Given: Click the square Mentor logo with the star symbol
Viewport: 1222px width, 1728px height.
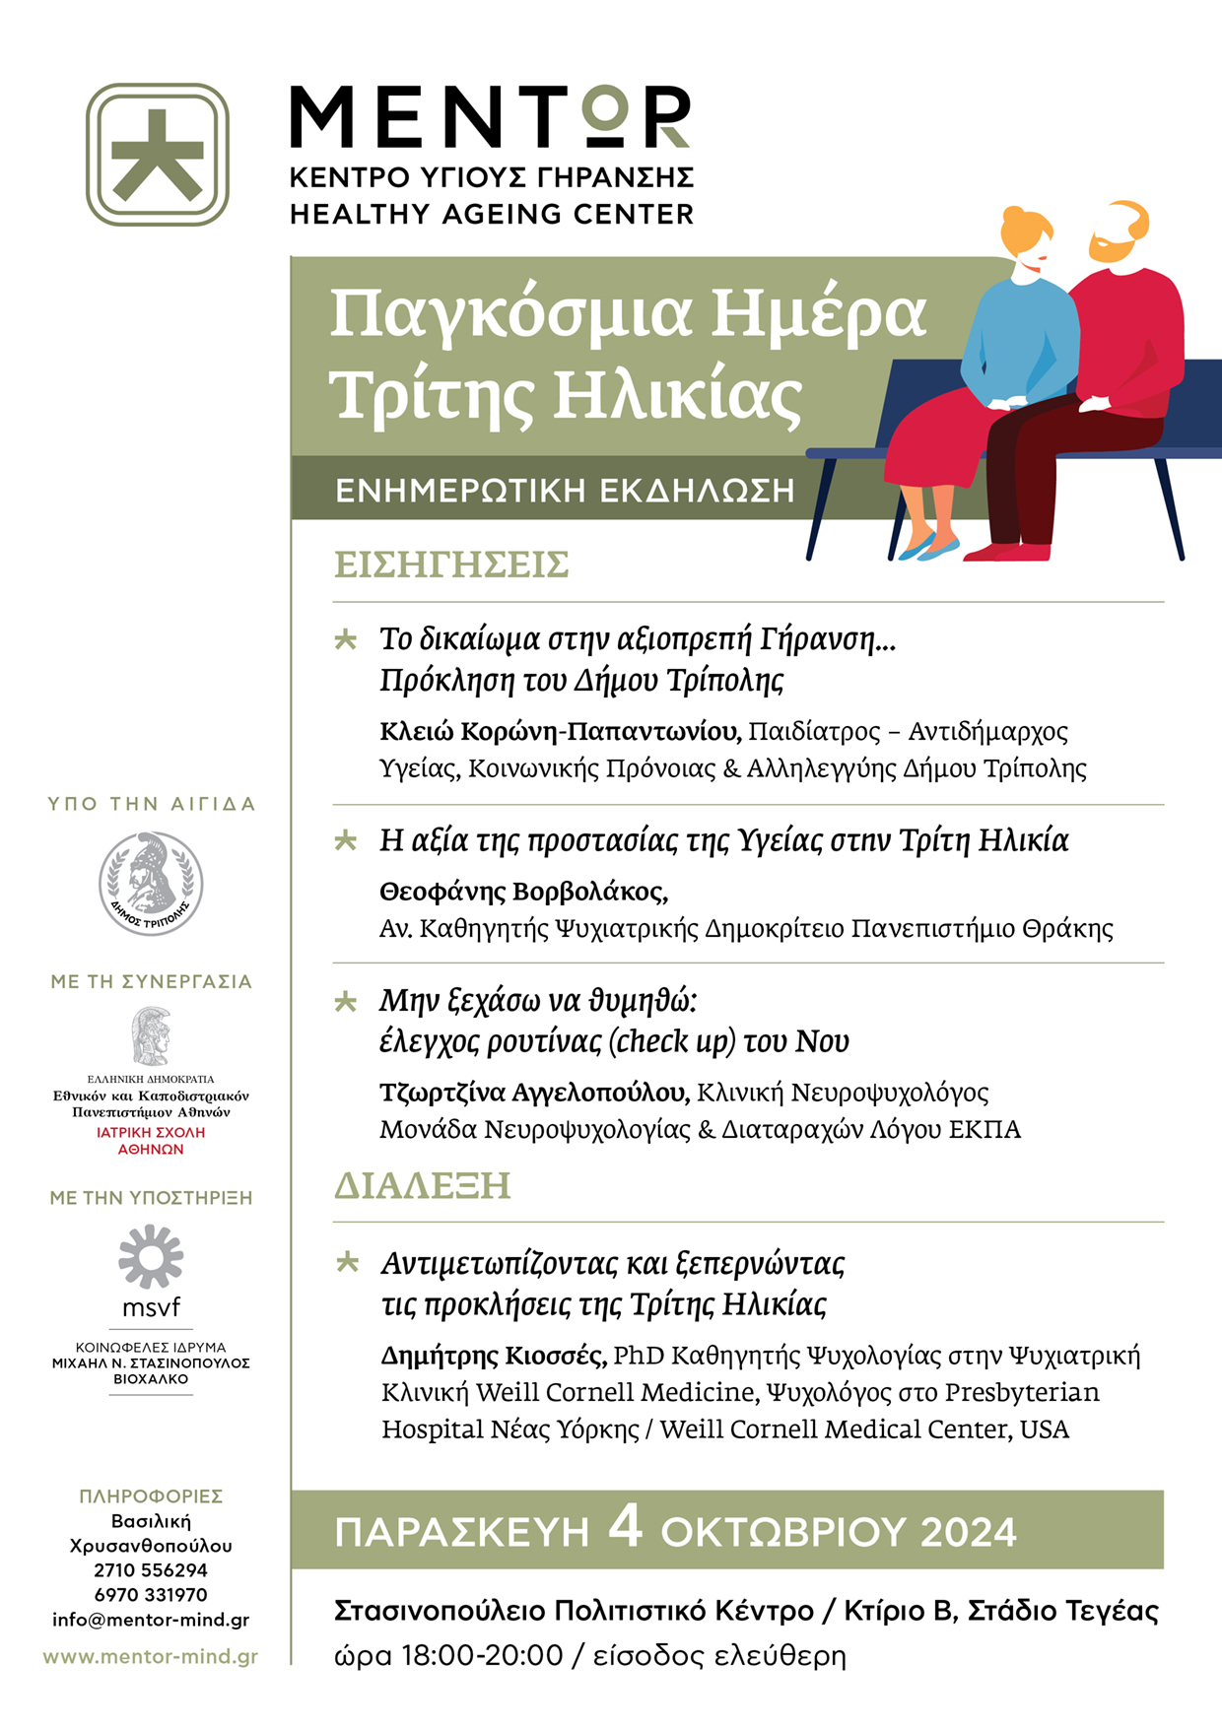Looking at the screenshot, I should [x=158, y=155].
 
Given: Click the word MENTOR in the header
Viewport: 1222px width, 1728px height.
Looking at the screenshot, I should [x=490, y=116].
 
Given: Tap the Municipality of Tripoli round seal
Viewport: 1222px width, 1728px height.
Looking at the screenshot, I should [x=151, y=883].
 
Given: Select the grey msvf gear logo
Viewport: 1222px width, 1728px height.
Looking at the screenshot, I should [x=151, y=1256].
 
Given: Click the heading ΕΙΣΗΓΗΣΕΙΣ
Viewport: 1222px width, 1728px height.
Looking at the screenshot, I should [x=451, y=565].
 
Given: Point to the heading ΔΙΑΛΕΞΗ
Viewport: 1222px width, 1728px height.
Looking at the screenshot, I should [x=422, y=1185].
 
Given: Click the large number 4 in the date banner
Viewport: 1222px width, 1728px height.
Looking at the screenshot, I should [x=625, y=1527].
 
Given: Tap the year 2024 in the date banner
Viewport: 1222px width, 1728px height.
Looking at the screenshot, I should [x=968, y=1533].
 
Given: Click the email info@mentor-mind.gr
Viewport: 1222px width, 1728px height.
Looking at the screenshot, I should [x=151, y=1620].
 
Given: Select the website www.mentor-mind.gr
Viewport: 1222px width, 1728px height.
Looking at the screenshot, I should [x=151, y=1657].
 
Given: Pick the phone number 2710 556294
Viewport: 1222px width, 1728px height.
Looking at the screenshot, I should [x=151, y=1570].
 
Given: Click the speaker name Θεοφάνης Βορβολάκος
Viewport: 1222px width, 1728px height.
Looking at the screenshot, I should [x=523, y=893].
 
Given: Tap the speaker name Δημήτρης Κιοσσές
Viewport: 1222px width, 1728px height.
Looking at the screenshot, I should [x=493, y=1357].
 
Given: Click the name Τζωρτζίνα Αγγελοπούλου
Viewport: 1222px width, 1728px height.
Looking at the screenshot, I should [x=534, y=1093].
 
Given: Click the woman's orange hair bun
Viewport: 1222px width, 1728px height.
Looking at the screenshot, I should [x=1015, y=218].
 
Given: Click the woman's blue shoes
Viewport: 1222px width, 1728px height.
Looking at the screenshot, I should [x=927, y=548].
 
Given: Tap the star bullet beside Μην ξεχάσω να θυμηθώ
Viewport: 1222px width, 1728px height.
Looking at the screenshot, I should [x=346, y=1002].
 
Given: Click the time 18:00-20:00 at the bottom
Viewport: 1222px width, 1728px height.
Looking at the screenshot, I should [x=482, y=1656].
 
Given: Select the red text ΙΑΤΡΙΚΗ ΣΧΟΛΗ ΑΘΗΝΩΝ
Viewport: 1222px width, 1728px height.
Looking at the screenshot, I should [x=151, y=1141].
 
